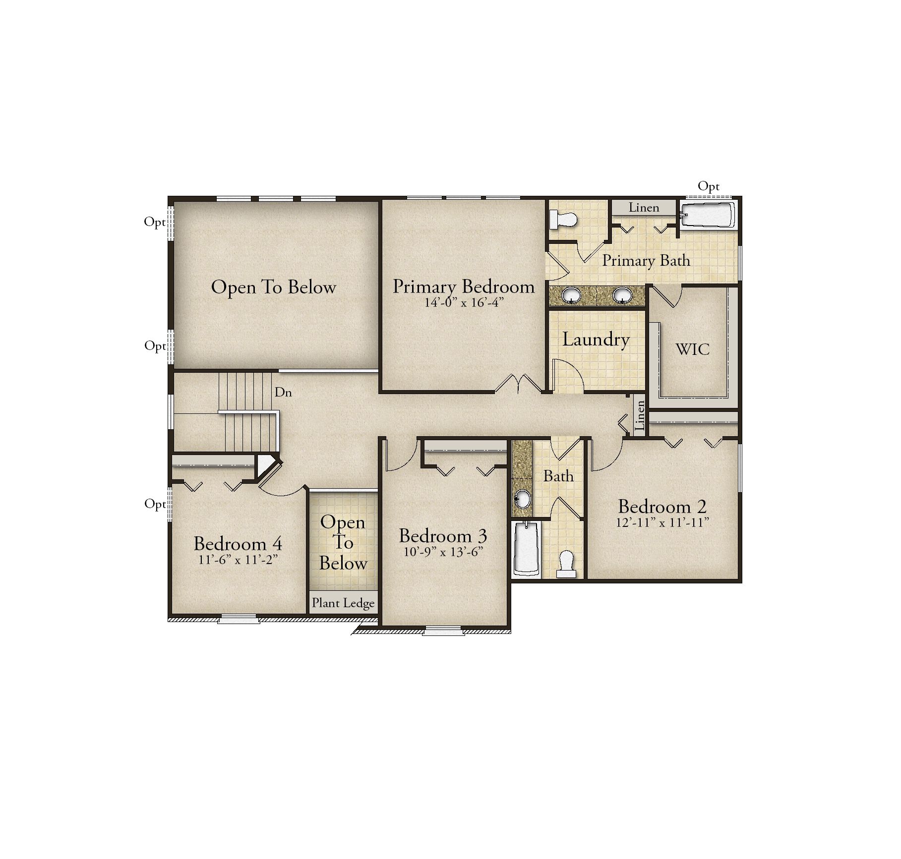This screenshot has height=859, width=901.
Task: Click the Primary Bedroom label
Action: pos(464,286)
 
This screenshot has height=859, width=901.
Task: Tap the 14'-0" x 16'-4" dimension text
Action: pos(464,302)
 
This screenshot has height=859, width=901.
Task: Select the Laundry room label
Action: pos(596,340)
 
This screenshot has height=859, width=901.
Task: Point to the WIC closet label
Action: pos(693,349)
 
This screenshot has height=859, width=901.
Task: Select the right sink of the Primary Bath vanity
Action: pos(622,295)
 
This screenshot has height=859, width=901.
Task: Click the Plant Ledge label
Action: pos(343,603)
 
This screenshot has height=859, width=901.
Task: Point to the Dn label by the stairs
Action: pos(283,392)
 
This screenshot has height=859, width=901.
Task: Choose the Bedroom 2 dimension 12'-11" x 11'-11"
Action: pos(662,522)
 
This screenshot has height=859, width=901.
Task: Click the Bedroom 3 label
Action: pos(443,536)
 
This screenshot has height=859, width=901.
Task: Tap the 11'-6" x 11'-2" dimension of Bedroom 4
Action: pos(238,560)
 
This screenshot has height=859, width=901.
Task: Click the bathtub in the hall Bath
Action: pos(527,549)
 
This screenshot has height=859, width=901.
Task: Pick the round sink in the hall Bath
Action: pos(522,499)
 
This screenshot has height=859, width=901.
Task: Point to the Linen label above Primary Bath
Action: pos(644,208)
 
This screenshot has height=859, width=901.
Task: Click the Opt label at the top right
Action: pos(708,187)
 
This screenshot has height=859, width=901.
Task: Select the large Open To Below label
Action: pos(274,287)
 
